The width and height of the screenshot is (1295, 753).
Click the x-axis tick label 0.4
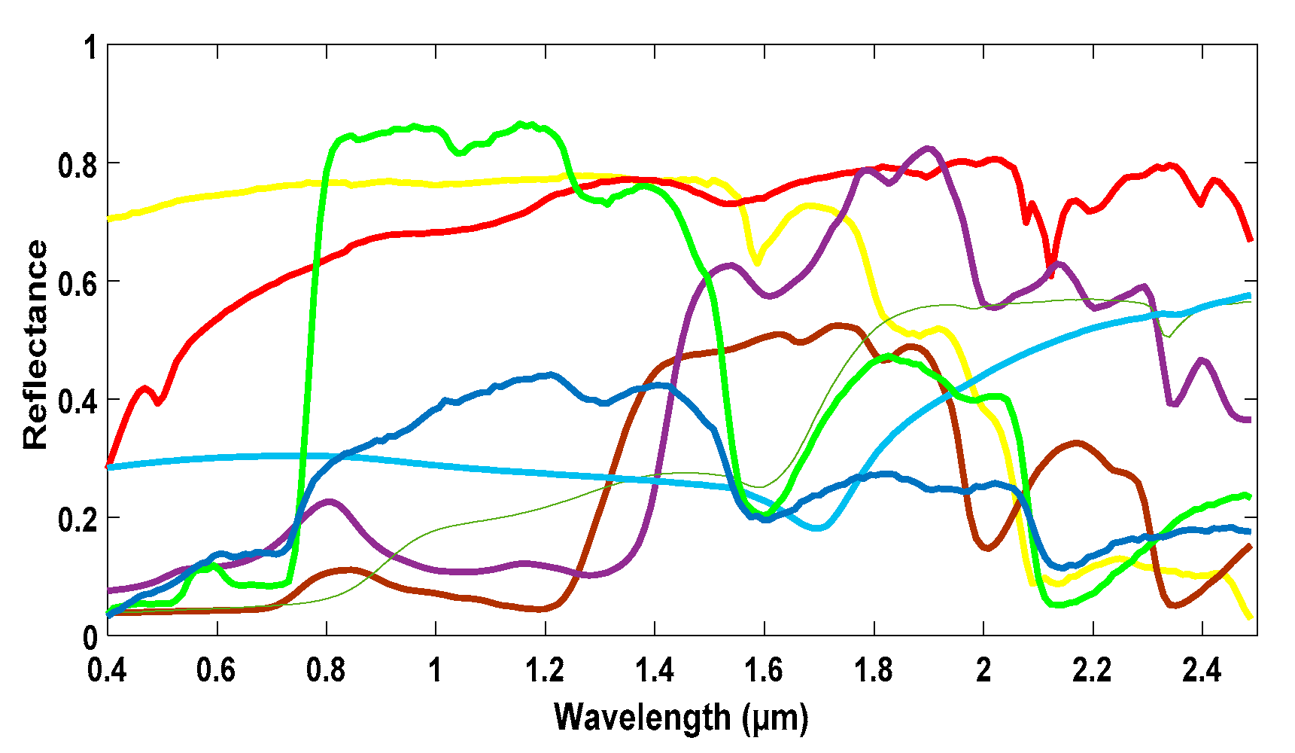107,669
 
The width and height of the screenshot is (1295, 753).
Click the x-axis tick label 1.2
545,669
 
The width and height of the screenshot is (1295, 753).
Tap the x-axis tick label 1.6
764,669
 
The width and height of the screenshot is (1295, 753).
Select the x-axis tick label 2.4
1202,669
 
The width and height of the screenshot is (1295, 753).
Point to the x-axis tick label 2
983,669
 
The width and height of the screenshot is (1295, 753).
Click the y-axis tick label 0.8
78,165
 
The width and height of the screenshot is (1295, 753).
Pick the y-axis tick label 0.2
78,520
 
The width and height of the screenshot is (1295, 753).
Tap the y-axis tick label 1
90,48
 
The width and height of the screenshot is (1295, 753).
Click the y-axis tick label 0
90,638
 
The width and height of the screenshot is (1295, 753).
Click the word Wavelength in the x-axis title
642,717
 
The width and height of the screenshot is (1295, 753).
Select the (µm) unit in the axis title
774,718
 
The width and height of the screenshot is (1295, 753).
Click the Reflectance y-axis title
35,345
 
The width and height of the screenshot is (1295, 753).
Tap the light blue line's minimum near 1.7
819,528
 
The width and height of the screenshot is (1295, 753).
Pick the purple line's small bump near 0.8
329,501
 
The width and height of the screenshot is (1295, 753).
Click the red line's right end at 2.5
1250,239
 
